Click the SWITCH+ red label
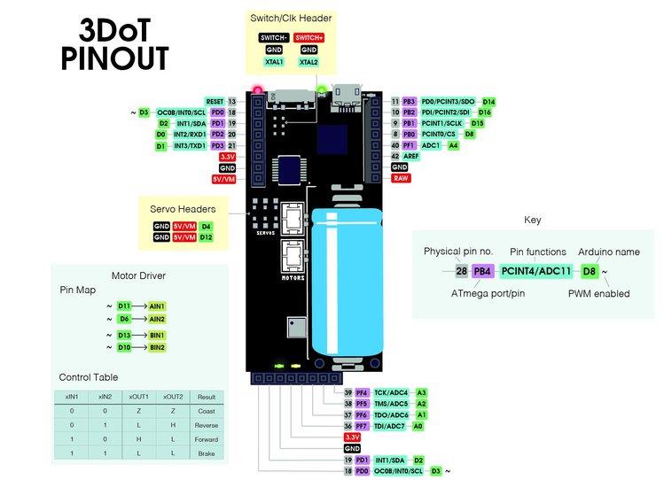pyautogui.click(x=309, y=37)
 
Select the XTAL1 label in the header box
pyautogui.click(x=271, y=62)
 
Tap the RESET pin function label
pyautogui.click(x=214, y=102)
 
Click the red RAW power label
pyautogui.click(x=400, y=178)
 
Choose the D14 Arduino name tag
pyautogui.click(x=488, y=102)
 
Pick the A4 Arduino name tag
pyautogui.click(x=453, y=145)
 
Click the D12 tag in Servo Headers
pyautogui.click(x=206, y=237)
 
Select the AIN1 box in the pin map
pyautogui.click(x=157, y=306)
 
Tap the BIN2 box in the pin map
pyautogui.click(x=157, y=348)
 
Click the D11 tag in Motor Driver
pyautogui.click(x=124, y=306)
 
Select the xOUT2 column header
pyautogui.click(x=173, y=398)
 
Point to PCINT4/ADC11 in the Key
pyautogui.click(x=537, y=271)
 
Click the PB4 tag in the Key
pyautogui.click(x=482, y=271)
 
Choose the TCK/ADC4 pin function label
pyautogui.click(x=391, y=392)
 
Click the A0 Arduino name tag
pyautogui.click(x=418, y=426)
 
